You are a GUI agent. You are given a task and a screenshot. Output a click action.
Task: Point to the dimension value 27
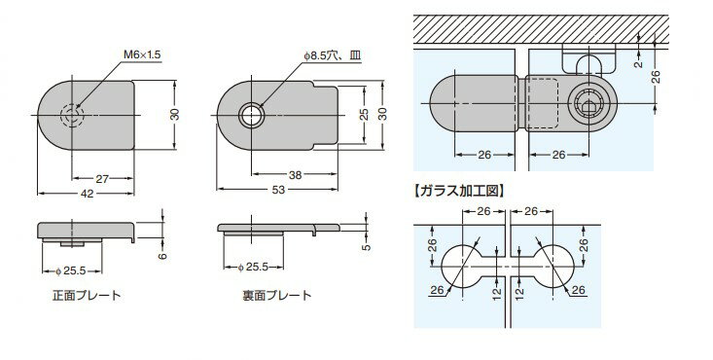click(101, 179)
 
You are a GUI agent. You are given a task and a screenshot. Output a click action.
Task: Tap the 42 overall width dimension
click(88, 193)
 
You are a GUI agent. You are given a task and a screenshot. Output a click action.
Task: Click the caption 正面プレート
click(88, 296)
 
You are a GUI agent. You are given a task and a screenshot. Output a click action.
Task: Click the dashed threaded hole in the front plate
click(71, 115)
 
